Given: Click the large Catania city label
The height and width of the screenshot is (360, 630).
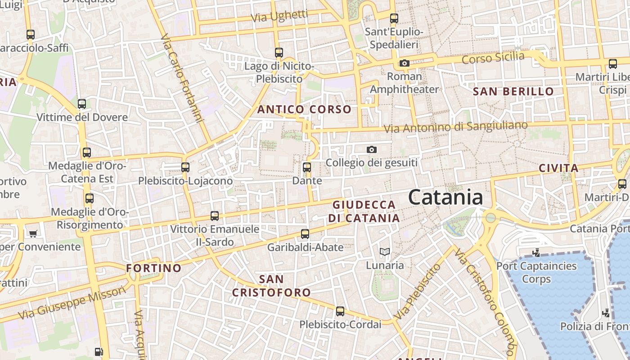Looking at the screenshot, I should (445, 198).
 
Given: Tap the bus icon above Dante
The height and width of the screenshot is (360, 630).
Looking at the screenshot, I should (307, 167).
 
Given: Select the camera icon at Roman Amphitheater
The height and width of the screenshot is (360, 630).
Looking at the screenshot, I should (405, 63).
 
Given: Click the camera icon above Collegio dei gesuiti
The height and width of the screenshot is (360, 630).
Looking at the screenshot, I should (372, 149).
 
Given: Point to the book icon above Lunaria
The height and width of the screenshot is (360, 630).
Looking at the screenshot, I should (384, 252).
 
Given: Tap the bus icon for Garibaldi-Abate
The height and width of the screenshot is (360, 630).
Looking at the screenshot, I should (305, 234).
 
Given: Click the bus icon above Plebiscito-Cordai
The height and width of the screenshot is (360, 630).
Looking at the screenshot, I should (340, 311).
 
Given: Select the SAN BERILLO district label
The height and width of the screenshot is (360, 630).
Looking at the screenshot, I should (513, 91).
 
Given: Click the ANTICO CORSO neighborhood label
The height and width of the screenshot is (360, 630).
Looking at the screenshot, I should (304, 109).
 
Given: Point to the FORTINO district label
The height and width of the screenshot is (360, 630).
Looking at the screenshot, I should (154, 268).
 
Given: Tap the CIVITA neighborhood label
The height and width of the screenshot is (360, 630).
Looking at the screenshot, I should (558, 168).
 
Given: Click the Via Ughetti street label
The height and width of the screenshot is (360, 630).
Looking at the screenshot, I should (280, 16).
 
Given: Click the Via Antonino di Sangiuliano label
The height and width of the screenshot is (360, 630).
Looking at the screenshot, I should (455, 127).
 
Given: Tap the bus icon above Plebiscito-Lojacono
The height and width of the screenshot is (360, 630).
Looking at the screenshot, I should (185, 167).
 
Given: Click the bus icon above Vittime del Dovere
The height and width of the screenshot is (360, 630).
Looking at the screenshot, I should (82, 104).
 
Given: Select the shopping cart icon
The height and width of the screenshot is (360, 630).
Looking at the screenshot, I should (33, 234).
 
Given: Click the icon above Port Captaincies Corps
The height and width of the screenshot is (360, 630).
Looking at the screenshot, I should (536, 252).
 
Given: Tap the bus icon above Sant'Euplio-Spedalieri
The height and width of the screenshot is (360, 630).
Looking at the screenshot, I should (394, 18).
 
